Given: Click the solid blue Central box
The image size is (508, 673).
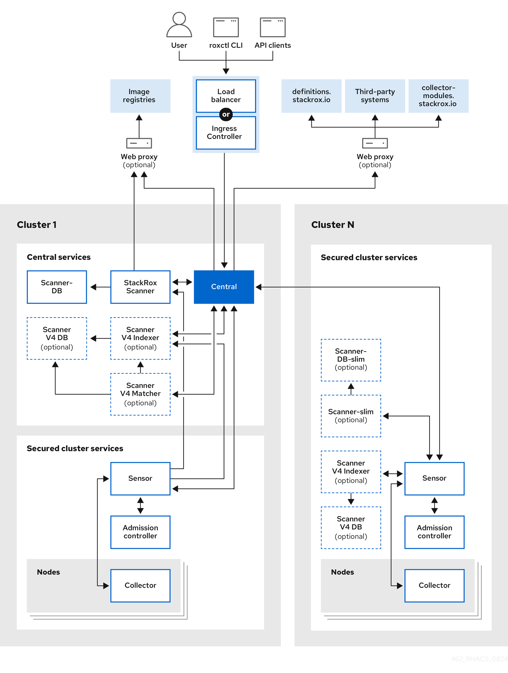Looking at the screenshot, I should click(224, 287).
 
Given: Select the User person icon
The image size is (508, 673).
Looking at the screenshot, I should click(179, 25).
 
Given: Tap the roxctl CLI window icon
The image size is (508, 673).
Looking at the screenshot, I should click(226, 27).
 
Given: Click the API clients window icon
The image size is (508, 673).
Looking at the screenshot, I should click(273, 27).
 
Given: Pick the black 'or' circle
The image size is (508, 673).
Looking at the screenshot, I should click(226, 114).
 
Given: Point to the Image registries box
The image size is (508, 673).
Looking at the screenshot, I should click(140, 96).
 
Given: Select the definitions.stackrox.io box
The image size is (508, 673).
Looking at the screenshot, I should click(311, 96).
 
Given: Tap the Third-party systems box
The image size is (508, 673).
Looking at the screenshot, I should click(375, 96).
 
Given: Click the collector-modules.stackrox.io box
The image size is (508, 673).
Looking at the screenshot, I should click(438, 96).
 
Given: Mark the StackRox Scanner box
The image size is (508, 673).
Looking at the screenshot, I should click(140, 287).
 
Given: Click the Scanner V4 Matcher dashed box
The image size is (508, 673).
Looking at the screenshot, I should click(140, 394).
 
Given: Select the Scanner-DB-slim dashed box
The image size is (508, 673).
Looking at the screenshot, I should click(351, 360).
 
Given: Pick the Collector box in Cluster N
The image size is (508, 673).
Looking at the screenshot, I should click(434, 585).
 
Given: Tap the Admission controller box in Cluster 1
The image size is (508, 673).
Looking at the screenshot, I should click(140, 532).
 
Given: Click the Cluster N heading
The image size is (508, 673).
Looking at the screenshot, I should click(333, 225).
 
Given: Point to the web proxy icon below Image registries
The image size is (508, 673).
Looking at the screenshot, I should click(139, 143).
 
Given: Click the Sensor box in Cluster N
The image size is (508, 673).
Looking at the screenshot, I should click(434, 478).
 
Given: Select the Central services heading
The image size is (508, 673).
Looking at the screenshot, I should click(59, 257).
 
